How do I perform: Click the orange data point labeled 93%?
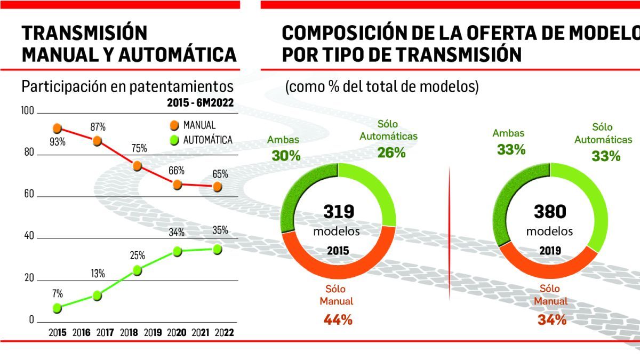[x=57, y=128]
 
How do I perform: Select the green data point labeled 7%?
[x=57, y=308]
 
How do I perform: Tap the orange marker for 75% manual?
[x=137, y=166]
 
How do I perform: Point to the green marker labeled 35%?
[x=217, y=249]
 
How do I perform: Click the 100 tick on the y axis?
[x=27, y=112]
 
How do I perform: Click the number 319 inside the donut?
[x=339, y=212]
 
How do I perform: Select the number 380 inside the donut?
[x=549, y=212]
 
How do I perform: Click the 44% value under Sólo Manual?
[x=337, y=320]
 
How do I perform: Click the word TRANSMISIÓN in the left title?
[x=84, y=33]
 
